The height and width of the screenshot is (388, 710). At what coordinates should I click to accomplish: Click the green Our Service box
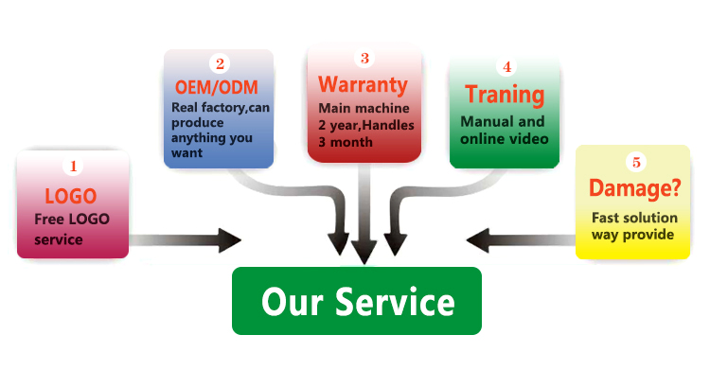(357, 301)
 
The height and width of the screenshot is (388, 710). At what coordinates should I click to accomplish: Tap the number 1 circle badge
(73, 167)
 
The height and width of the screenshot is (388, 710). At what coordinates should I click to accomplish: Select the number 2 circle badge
(220, 64)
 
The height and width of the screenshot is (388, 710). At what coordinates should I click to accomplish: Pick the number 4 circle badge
(506, 67)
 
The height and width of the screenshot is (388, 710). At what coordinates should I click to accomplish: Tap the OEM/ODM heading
(218, 87)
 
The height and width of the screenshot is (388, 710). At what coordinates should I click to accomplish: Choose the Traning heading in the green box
(505, 95)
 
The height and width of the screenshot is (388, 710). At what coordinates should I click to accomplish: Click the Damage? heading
(634, 187)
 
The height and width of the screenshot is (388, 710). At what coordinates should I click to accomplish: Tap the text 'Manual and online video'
(503, 131)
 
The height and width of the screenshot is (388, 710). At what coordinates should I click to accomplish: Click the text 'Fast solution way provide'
(633, 225)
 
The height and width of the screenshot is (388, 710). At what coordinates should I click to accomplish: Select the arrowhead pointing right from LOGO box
(229, 240)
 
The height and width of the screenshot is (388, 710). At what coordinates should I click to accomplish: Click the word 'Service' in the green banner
(399, 302)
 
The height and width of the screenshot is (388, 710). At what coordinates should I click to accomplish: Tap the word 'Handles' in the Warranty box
(388, 125)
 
